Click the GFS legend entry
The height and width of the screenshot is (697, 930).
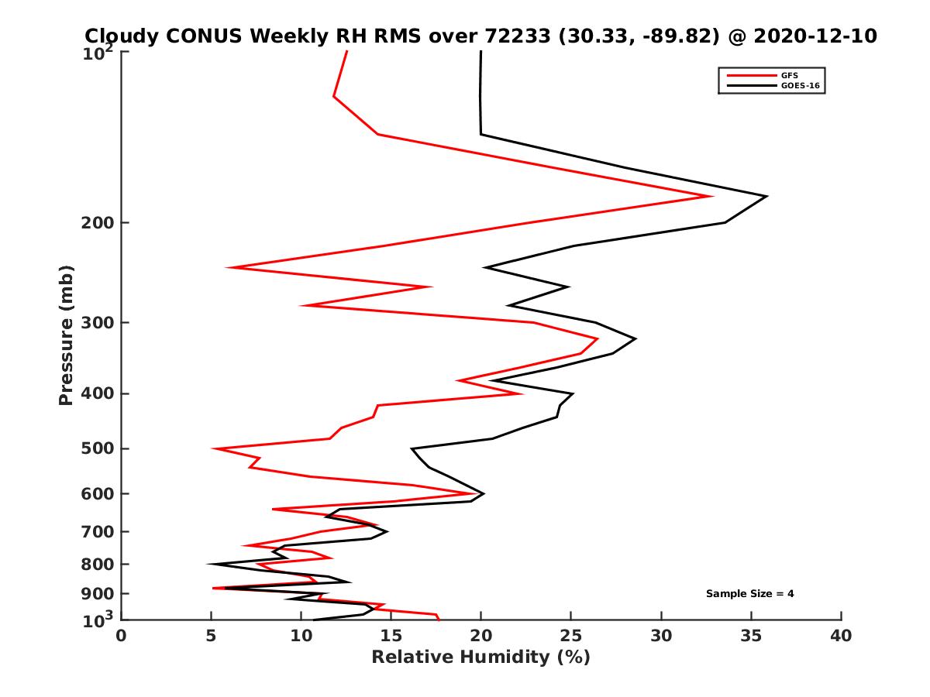[790, 76]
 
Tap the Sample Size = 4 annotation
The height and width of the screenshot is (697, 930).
[749, 594]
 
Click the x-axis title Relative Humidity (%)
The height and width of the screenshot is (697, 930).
[480, 658]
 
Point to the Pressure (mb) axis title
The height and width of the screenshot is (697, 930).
[66, 335]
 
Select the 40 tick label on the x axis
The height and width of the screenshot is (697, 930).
[841, 636]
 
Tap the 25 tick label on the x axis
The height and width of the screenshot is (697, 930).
[571, 636]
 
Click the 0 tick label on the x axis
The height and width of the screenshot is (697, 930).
[122, 636]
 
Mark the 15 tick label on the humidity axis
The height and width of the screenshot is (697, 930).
[391, 636]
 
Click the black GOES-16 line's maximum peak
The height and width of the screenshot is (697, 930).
[766, 197]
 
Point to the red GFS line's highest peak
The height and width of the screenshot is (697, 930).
[711, 196]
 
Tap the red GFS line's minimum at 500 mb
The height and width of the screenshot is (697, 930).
[214, 448]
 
